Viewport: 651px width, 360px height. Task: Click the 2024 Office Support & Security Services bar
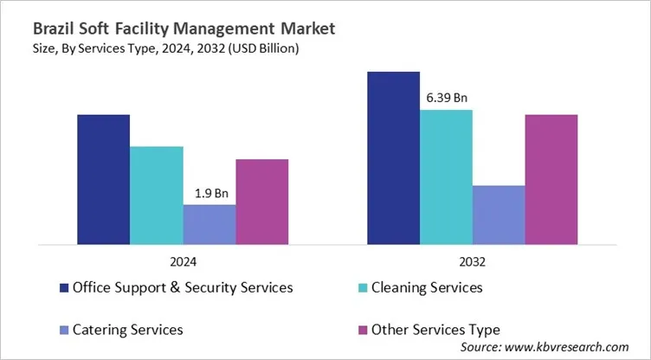104,179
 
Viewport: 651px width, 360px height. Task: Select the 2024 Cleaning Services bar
157,195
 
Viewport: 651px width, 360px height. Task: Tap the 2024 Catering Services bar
209,224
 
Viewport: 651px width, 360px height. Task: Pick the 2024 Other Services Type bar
261,202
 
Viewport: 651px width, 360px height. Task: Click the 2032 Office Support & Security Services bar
394,157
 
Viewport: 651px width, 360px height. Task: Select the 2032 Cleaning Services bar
447,177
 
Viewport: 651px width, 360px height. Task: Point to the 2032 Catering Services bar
499,215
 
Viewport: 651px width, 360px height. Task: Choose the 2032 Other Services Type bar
551,179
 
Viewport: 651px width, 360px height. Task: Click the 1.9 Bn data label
209,193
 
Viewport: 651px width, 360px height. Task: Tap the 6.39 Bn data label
447,98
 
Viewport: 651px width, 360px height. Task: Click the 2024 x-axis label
183,261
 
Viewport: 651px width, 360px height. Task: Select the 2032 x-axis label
473,261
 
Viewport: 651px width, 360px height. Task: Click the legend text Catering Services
128,330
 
